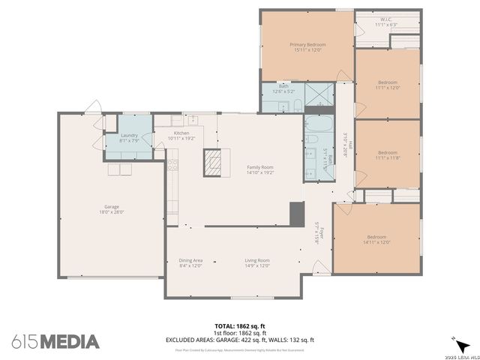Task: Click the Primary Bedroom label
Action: click(x=307, y=47)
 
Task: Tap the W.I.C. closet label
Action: click(x=386, y=22)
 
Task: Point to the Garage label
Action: click(x=112, y=209)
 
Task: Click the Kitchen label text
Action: click(x=181, y=136)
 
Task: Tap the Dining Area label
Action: click(x=191, y=262)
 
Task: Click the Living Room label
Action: click(x=256, y=262)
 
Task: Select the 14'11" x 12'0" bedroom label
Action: click(x=376, y=239)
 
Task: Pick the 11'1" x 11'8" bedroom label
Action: click(x=387, y=154)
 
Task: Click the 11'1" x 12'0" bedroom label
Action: click(x=387, y=85)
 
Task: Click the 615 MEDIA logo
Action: click(x=55, y=341)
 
